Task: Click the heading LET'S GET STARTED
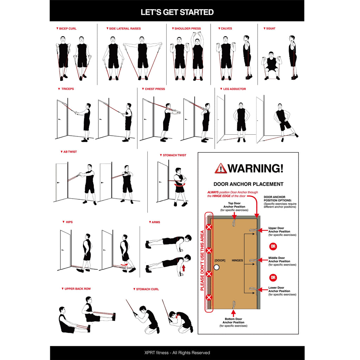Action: click(177, 12)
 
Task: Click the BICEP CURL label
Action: click(68, 28)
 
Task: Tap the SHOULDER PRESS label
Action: click(187, 28)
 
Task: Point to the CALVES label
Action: click(226, 28)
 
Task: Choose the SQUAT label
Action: click(271, 28)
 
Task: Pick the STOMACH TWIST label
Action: click(174, 155)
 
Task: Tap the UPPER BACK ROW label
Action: click(77, 289)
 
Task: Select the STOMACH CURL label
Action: click(147, 289)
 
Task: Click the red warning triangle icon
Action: click(221, 168)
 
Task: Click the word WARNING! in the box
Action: click(255, 168)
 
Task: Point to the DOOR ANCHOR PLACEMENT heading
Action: click(248, 184)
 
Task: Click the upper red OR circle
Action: click(273, 246)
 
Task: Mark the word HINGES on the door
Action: click(238, 260)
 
